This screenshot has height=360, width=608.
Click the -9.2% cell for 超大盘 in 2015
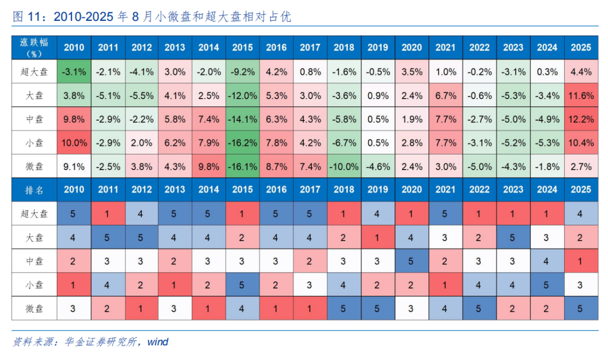[242, 72]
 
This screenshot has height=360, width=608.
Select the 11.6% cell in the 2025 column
[581, 95]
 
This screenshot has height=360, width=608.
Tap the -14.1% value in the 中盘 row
[242, 119]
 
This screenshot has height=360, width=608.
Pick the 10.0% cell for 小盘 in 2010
[74, 143]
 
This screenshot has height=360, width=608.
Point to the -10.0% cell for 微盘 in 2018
[344, 166]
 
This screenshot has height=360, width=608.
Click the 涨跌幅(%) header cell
[34, 47]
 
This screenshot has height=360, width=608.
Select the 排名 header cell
[34, 190]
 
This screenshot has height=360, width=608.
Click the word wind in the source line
[158, 342]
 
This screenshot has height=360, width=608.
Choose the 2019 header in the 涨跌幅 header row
[378, 47]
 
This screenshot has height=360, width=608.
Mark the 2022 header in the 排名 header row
[479, 190]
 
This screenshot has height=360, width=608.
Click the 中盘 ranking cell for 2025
[581, 261]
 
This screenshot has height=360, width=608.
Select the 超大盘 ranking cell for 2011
[108, 214]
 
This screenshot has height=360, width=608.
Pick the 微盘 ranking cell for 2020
[412, 308]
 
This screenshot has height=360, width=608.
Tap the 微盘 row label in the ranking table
[34, 308]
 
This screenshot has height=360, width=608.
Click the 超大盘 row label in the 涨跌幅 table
[34, 72]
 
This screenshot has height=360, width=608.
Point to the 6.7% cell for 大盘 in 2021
[445, 95]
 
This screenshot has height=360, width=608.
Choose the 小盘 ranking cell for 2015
[242, 285]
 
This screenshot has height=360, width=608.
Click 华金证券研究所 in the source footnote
[101, 342]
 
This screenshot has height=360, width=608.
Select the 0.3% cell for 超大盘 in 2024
[547, 72]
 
